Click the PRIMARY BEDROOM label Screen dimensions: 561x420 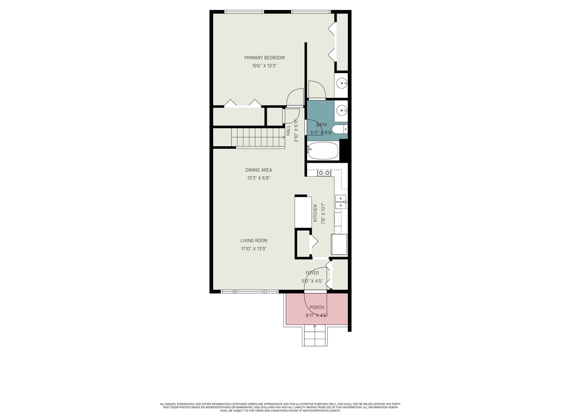[x=264, y=58]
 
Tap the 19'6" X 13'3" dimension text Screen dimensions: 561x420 [x=264, y=66]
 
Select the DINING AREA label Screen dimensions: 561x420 [x=259, y=170]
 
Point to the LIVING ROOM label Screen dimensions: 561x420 [x=254, y=240]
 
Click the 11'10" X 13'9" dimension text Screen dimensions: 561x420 [x=254, y=248]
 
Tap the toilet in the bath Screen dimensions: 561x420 [x=340, y=129]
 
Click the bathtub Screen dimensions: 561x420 [x=323, y=151]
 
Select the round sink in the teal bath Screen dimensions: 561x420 [x=342, y=110]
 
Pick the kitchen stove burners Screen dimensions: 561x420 [x=324, y=173]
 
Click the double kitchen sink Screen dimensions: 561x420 [x=341, y=202]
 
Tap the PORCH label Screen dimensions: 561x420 [x=317, y=308]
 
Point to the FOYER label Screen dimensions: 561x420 [x=312, y=273]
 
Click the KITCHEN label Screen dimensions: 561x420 [x=315, y=213]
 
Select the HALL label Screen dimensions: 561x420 [x=288, y=130]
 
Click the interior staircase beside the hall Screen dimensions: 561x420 [x=258, y=138]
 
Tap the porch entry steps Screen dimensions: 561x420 [x=315, y=336]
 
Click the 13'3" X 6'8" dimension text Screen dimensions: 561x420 [x=259, y=178]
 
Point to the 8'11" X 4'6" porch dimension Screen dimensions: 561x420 [x=317, y=315]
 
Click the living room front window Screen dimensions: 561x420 [x=249, y=292]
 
